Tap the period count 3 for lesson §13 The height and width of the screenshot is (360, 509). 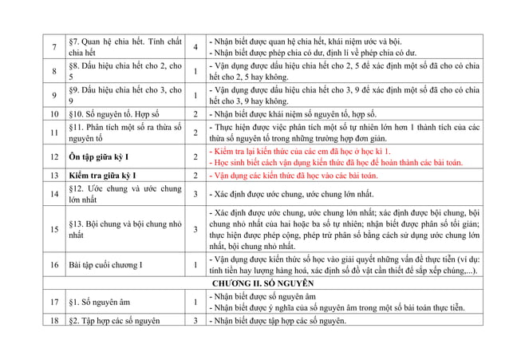pyautogui.click(x=195, y=230)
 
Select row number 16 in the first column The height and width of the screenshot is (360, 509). pyautogui.click(x=54, y=264)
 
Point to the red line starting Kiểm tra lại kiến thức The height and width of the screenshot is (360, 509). pyautogui.click(x=299, y=151)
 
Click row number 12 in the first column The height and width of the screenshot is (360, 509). pyautogui.click(x=54, y=156)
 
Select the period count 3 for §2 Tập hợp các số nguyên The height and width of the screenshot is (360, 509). pyautogui.click(x=195, y=321)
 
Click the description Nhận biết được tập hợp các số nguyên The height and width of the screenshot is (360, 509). pyautogui.click(x=278, y=321)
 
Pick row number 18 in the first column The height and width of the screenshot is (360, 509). pyautogui.click(x=54, y=321)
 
